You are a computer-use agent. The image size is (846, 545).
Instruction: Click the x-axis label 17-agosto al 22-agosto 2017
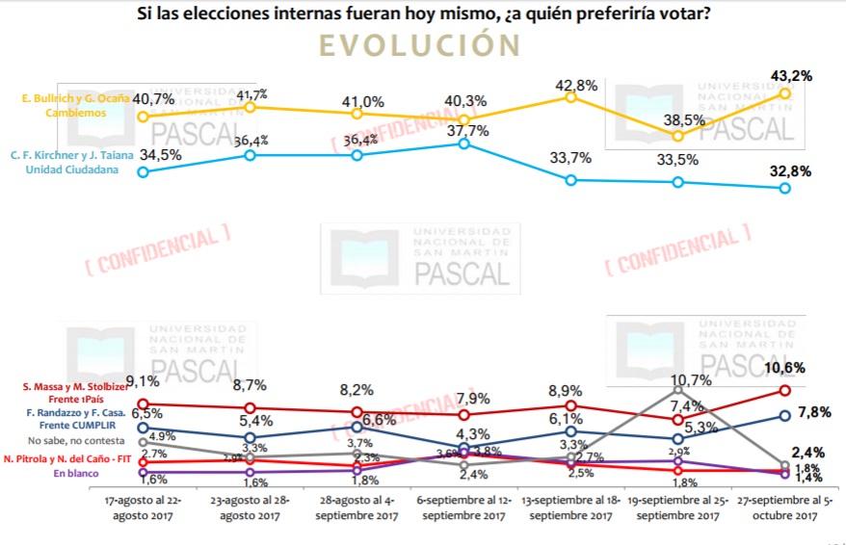[x=143, y=508]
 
